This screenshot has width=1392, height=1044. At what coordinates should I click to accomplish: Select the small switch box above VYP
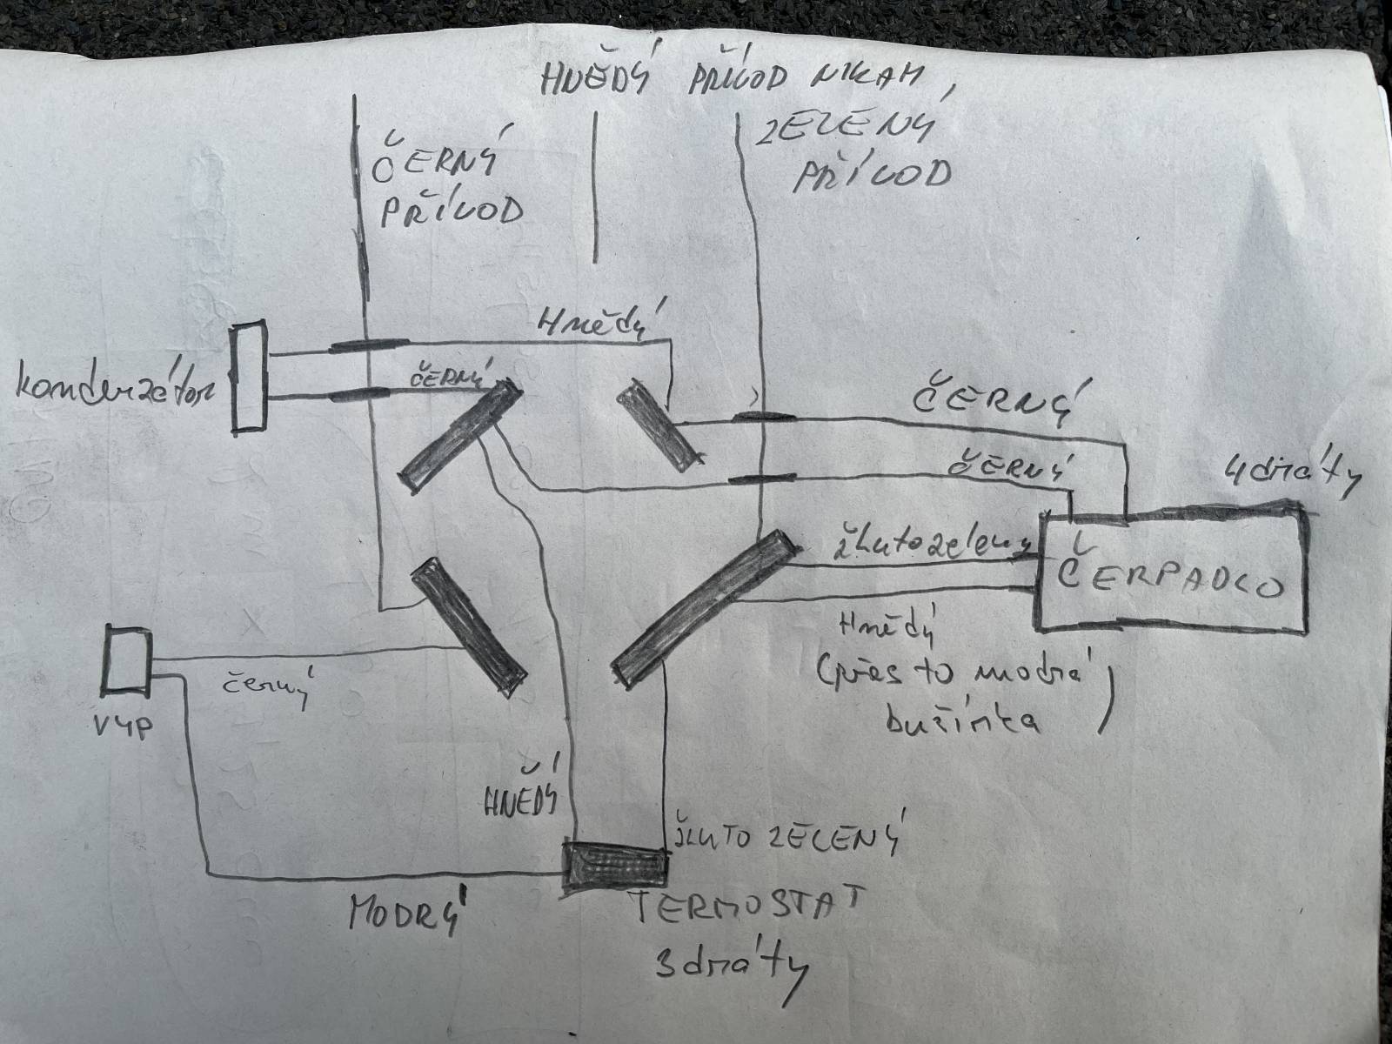[127, 660]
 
